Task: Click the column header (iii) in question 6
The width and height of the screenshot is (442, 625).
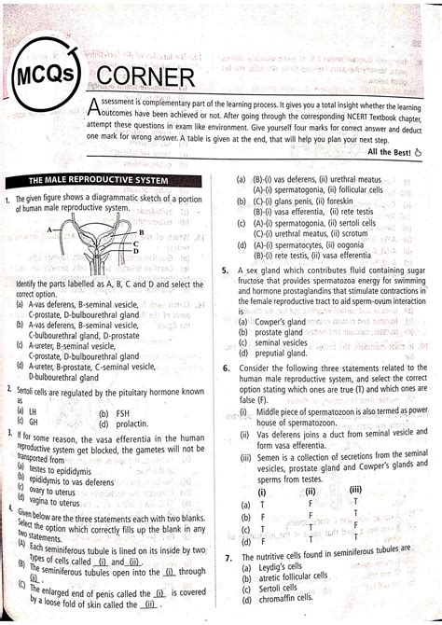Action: (x=355, y=491)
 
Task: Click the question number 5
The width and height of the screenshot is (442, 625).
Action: (x=227, y=269)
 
